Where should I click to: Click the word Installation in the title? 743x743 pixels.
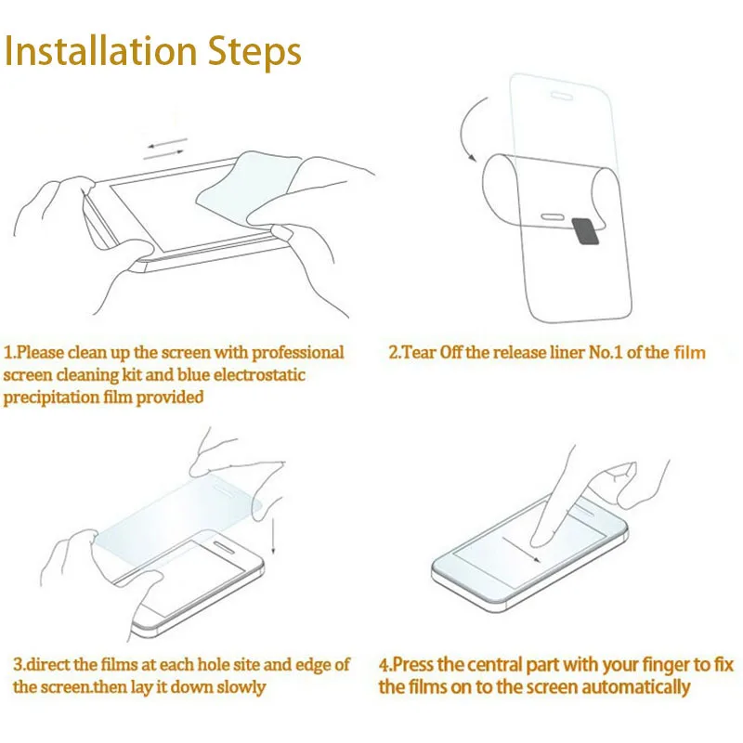click(100, 51)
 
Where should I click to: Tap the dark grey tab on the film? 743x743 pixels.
click(585, 231)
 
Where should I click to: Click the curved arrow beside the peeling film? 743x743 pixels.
click(468, 128)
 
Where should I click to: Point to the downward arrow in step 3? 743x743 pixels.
click(273, 536)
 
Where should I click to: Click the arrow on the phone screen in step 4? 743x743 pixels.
click(521, 550)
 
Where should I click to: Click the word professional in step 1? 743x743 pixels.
click(297, 353)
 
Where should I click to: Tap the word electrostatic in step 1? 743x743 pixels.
click(260, 375)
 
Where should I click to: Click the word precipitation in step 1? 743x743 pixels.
click(51, 398)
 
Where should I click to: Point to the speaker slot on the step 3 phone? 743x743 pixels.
click(222, 547)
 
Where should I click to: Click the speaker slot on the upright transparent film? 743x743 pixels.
click(562, 97)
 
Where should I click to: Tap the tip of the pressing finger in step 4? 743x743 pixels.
click(539, 541)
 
